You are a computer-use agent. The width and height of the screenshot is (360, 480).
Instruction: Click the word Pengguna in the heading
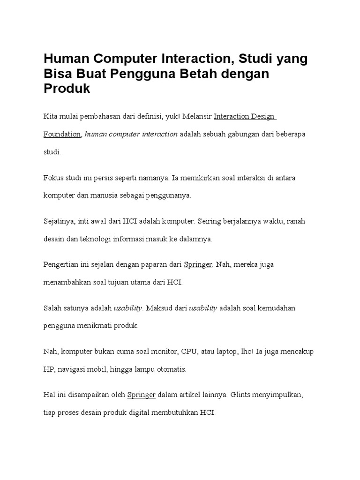tap(160, 74)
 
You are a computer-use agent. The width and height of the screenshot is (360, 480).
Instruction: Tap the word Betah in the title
tap(217, 74)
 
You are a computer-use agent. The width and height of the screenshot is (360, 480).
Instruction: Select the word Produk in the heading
tap(67, 88)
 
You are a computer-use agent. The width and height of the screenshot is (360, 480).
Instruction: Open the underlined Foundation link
tap(63, 134)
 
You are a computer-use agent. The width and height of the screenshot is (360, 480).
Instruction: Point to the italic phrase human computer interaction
tap(131, 134)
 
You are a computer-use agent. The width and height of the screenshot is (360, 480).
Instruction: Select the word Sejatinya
tap(59, 221)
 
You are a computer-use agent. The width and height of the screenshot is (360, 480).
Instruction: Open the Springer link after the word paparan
tap(198, 264)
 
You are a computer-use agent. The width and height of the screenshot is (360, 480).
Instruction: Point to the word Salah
tap(52, 308)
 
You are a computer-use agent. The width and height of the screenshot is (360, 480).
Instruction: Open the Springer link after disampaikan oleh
tap(142, 395)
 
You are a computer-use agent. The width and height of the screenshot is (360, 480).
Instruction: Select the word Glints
tap(240, 395)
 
